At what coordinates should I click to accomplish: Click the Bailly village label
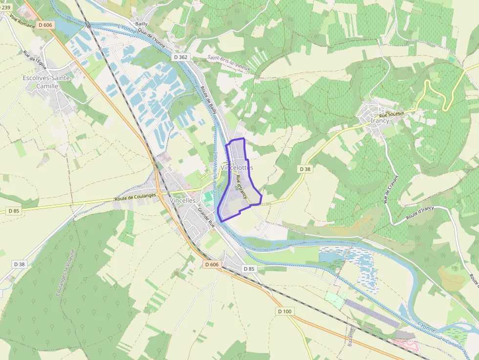click(x=141, y=23)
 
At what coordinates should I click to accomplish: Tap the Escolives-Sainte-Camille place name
click(x=47, y=82)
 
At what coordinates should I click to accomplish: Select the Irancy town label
click(x=380, y=121)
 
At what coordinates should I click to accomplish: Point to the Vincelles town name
click(x=182, y=200)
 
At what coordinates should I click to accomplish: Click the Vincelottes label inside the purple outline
click(x=237, y=168)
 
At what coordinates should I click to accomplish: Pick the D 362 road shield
click(x=180, y=57)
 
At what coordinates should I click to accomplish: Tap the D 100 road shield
click(x=284, y=311)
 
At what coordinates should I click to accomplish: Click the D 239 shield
click(x=5, y=7)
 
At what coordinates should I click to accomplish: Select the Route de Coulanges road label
click(x=135, y=197)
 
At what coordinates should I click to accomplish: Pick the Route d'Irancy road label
click(x=420, y=212)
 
